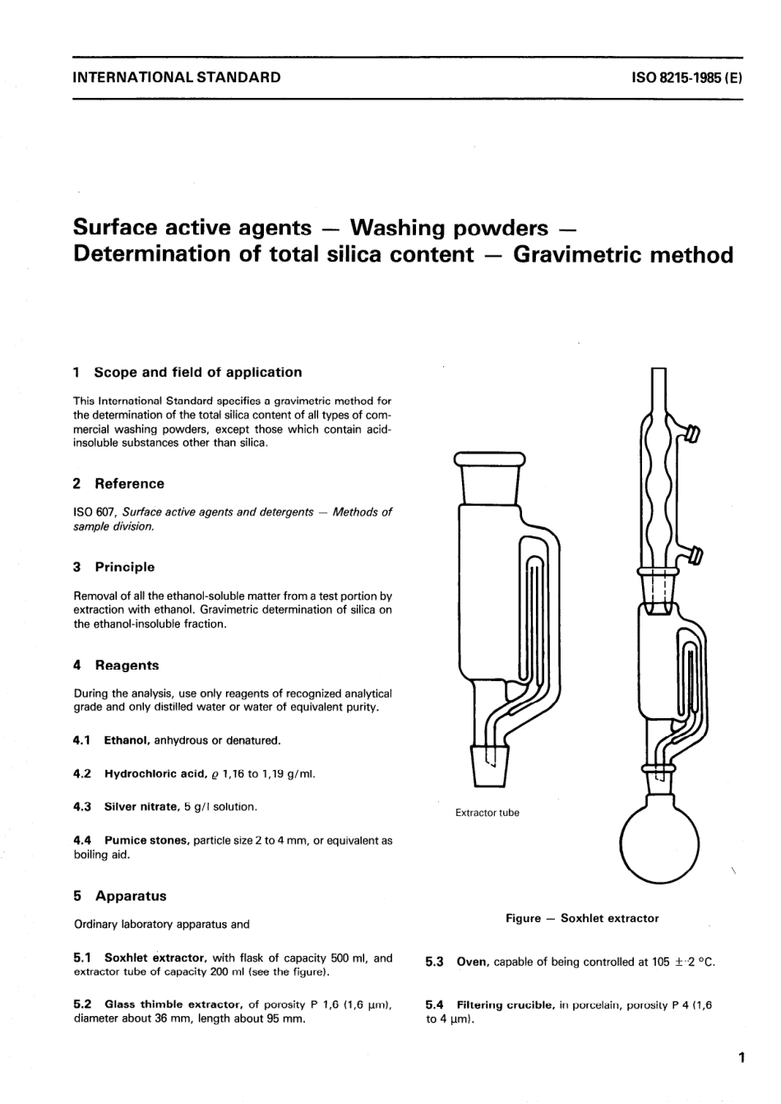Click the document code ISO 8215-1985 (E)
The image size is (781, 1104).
click(686, 78)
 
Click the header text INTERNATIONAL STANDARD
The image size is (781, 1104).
click(177, 78)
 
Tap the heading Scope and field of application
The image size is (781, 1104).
click(197, 372)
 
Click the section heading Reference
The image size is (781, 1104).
click(129, 484)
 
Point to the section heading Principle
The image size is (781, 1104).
click(124, 567)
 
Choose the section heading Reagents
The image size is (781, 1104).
click(127, 666)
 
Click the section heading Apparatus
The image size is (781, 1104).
click(130, 896)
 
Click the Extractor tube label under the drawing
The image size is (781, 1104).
click(487, 813)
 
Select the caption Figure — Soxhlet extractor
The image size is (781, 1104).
click(582, 918)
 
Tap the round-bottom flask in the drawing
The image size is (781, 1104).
click(658, 842)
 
